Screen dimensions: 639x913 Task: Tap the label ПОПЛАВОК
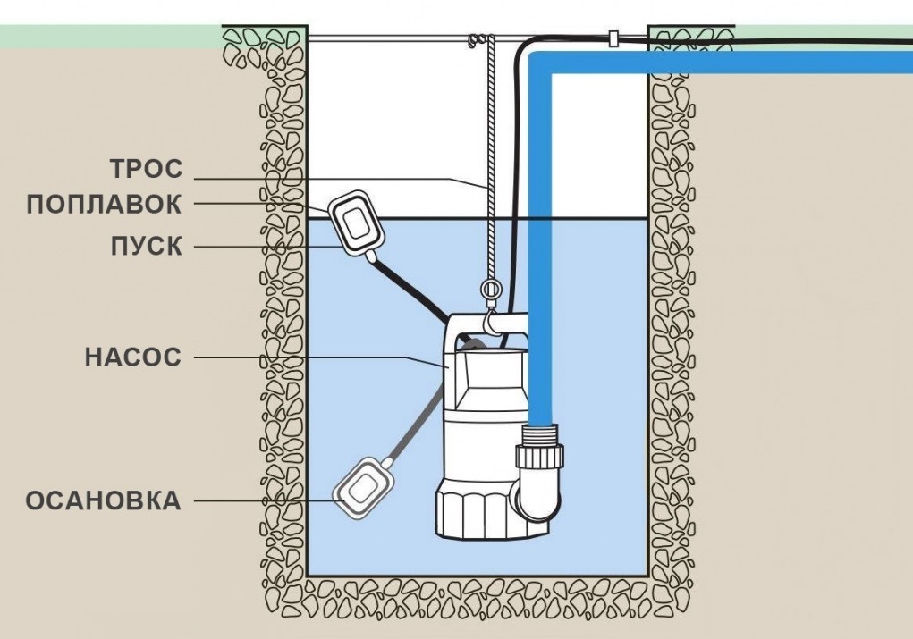(104, 205)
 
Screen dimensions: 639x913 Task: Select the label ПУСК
(147, 246)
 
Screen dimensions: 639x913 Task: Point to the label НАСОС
(132, 358)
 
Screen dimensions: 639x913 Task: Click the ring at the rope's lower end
(490, 290)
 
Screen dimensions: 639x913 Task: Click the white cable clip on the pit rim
(613, 39)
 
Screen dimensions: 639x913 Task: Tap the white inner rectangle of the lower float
(363, 487)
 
